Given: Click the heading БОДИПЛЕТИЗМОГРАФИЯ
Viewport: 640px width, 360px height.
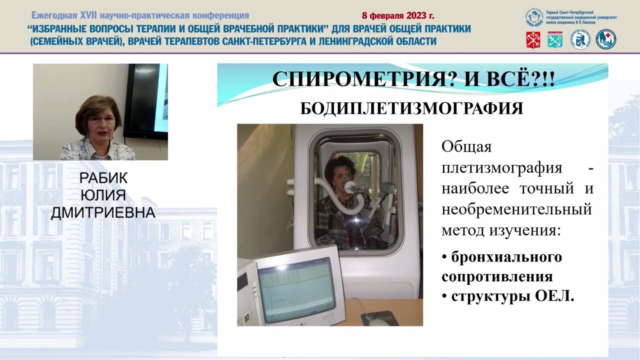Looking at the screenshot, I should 411,108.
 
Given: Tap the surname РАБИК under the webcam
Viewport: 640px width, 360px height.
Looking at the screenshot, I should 103,178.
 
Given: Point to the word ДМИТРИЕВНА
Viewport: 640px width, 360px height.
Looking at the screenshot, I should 103,213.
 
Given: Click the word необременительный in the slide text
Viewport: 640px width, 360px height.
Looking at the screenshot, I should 516,209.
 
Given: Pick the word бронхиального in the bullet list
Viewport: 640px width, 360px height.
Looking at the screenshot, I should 506,257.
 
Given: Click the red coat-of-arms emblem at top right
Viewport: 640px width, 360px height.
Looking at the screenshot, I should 533,39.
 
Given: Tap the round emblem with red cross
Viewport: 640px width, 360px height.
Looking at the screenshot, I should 606,39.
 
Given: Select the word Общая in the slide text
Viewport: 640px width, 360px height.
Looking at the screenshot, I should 466,147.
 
